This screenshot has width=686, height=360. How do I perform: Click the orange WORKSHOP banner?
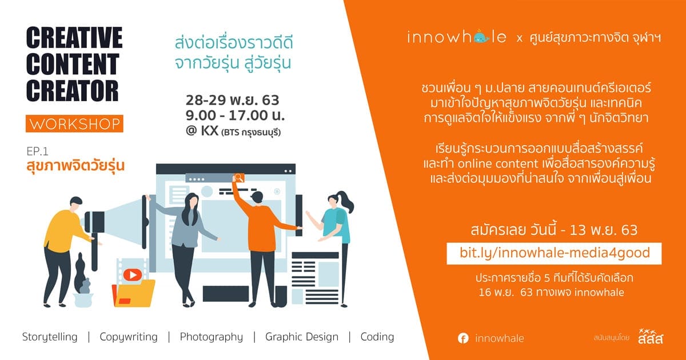point(74,123)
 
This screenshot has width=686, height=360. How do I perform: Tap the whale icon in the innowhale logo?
point(482,37)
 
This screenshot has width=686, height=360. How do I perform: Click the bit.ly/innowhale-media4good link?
point(555,253)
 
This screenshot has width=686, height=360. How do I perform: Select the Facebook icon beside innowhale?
point(463,338)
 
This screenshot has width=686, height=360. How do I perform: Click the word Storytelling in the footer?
point(50,337)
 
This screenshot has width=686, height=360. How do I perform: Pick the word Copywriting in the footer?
point(129,337)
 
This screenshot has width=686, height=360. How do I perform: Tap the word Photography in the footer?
point(212,337)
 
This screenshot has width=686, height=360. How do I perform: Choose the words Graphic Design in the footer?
point(302,337)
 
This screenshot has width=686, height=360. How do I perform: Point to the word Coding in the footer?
point(377,337)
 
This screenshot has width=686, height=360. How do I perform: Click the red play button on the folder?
point(132,275)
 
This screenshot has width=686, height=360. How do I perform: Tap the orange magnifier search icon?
point(239,178)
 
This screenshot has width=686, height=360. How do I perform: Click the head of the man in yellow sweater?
point(75,203)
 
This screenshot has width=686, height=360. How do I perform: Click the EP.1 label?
point(37,151)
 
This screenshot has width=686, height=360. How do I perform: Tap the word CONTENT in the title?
point(73,64)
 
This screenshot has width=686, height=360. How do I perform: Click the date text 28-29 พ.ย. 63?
point(233,101)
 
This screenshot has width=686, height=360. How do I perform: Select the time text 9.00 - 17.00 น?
point(235,115)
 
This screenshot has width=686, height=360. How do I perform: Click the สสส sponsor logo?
point(651,337)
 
